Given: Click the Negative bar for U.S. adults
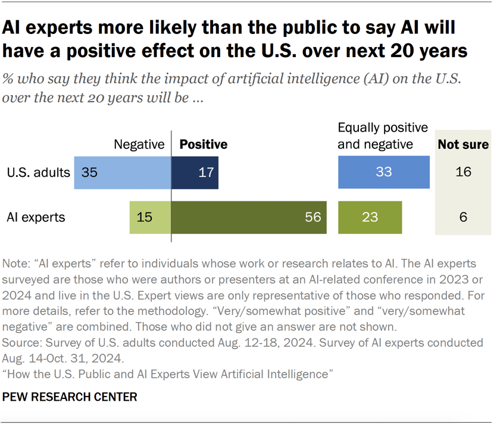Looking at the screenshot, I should click(122, 173).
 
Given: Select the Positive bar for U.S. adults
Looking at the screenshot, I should click(195, 173).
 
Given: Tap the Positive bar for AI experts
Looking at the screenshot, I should click(248, 217).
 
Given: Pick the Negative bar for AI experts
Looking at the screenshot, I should click(150, 217).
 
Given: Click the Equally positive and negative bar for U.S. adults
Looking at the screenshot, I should click(383, 173).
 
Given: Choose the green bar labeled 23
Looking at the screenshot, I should click(370, 217).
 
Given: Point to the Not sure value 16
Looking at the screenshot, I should click(463, 173).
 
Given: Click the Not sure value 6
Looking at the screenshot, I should click(463, 217).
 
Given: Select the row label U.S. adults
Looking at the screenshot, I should click(39, 173).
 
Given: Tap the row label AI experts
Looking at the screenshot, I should click(36, 217).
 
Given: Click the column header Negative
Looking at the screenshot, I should click(139, 145).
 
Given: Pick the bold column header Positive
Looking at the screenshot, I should click(204, 145).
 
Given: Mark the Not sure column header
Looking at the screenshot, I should click(463, 145).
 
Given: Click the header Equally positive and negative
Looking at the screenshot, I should click(383, 136).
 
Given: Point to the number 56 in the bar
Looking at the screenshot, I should click(312, 217).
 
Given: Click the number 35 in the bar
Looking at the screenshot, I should click(89, 173).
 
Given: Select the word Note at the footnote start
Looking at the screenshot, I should click(14, 264).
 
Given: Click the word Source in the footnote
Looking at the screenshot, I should click(20, 344).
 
